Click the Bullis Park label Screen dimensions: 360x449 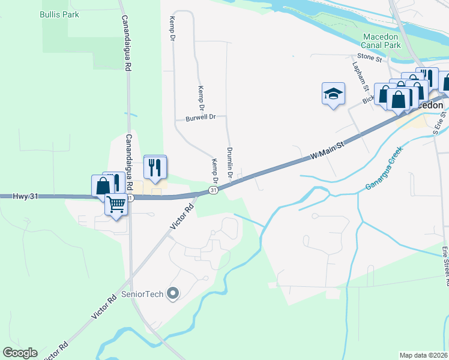59,13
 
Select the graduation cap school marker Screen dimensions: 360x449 333,94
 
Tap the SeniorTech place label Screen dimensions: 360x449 144,294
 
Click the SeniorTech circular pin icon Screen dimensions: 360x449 173,293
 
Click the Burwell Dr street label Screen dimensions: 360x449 200,118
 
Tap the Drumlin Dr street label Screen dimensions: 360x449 229,163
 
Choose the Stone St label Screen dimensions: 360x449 370,59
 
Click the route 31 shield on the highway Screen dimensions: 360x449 213,190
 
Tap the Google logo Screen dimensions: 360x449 20,353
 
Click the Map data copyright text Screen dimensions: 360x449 423,355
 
